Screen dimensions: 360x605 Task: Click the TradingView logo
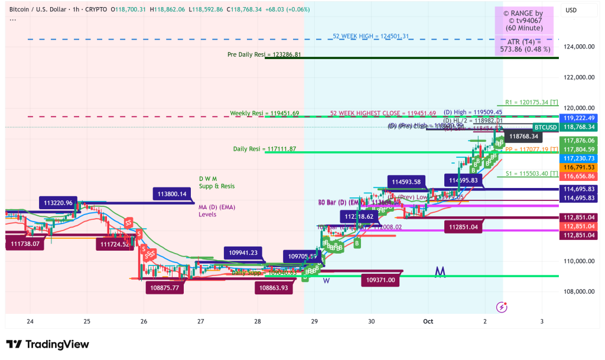pyautogui.click(x=47, y=345)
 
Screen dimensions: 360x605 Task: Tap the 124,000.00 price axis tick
pyautogui.click(x=579, y=47)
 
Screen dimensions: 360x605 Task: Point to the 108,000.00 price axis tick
pyautogui.click(x=579, y=291)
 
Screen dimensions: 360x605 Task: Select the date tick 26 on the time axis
pyautogui.click(x=144, y=321)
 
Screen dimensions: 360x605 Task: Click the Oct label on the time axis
pyautogui.click(x=427, y=321)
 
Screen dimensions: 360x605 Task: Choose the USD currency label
pyautogui.click(x=571, y=10)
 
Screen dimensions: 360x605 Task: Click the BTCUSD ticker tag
pyautogui.click(x=545, y=127)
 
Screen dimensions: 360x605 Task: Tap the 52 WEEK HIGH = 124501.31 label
pyautogui.click(x=370, y=37)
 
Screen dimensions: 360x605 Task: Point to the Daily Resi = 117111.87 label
pyautogui.click(x=265, y=149)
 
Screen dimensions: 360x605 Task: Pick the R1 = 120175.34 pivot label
pyautogui.click(x=532, y=102)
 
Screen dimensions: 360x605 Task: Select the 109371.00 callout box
pyautogui.click(x=380, y=281)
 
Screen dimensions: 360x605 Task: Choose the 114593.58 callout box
pyautogui.click(x=405, y=181)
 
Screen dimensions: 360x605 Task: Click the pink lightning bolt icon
pyautogui.click(x=502, y=307)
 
